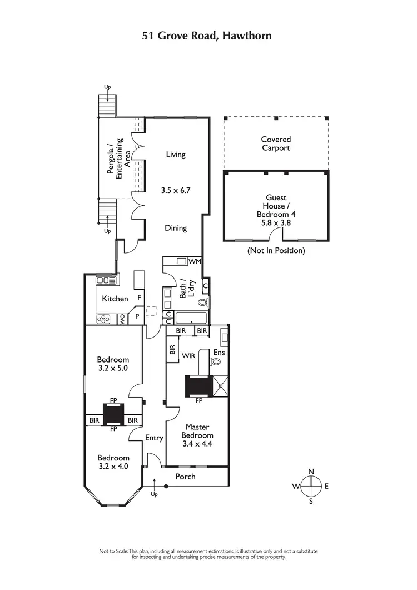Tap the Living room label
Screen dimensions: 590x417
(x=176, y=155)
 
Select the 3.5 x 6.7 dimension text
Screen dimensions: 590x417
(x=175, y=190)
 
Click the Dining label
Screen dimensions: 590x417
(x=176, y=228)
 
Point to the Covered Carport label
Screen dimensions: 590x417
(x=276, y=144)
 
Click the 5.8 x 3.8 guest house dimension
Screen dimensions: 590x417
(x=276, y=222)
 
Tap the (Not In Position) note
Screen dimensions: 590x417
(x=276, y=251)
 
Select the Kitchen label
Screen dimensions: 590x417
(x=115, y=299)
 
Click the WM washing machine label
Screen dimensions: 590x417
(x=195, y=261)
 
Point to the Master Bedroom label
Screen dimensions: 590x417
(x=197, y=432)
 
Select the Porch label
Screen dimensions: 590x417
(x=185, y=477)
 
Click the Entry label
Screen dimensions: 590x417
(x=154, y=438)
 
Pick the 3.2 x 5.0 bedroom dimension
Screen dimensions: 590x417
(x=113, y=368)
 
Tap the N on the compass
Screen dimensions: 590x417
(x=311, y=472)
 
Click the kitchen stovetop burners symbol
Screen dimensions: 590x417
(x=103, y=319)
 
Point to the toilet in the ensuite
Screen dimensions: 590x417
(x=216, y=361)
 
